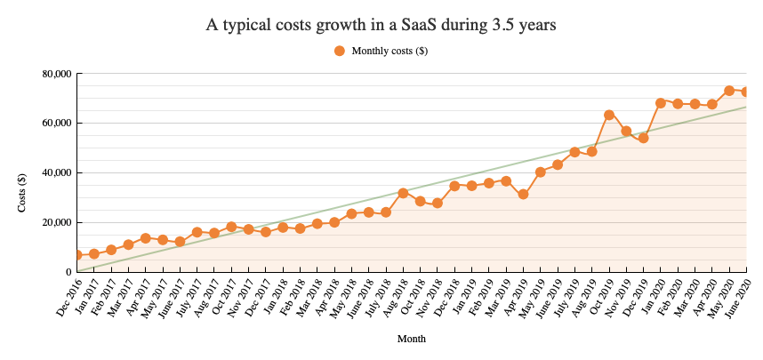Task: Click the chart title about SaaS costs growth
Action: tap(381, 25)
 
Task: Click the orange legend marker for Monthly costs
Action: tap(339, 52)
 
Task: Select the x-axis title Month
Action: tap(411, 339)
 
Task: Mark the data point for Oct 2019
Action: tap(609, 115)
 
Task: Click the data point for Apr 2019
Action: tap(524, 194)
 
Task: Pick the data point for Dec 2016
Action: tap(77, 255)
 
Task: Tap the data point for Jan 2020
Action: tap(661, 102)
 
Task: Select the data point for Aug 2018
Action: tap(403, 193)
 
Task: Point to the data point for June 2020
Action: tap(746, 92)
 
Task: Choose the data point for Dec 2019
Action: tap(643, 138)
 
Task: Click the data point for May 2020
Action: tap(729, 91)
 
